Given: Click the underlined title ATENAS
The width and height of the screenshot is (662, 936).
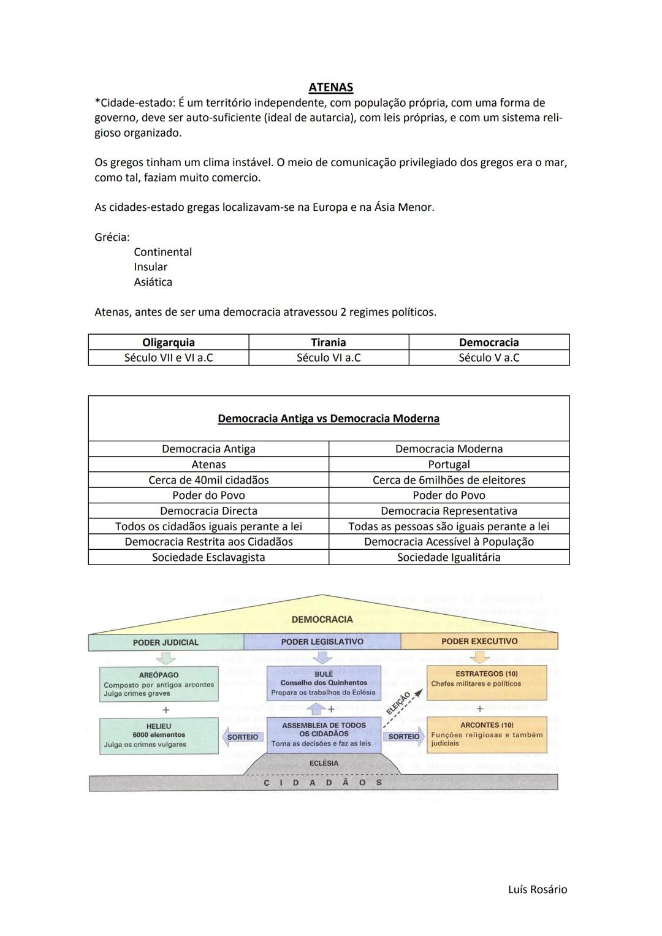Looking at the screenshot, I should pos(330,88).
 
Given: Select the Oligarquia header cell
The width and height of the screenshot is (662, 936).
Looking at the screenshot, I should pos(169,342).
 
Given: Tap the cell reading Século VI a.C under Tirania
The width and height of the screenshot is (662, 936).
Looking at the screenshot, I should pos(329,357).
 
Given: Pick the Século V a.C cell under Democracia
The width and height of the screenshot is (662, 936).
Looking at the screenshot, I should pos(489,357).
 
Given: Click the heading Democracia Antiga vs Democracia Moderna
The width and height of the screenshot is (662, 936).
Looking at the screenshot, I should pos(329,419).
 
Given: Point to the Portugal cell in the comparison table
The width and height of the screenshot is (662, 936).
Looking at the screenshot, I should pos(449,465).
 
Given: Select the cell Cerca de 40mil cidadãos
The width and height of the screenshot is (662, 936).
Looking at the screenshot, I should pos(208,480).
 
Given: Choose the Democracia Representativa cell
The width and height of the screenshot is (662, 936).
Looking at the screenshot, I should pos(449,511).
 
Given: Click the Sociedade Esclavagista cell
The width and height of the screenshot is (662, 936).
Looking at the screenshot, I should pos(208,557).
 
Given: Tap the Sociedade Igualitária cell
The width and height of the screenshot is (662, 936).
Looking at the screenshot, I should pos(449,557).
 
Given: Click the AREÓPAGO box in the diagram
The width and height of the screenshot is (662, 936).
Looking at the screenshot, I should pos(159,683).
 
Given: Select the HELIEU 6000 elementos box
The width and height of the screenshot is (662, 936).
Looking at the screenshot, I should pos(159,735).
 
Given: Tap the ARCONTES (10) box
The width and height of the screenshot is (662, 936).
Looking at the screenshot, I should pos(487,734).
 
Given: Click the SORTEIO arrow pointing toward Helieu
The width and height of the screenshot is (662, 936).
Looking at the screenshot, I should pos(242,737).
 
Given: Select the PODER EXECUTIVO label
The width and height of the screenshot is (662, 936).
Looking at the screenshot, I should pos(479,642).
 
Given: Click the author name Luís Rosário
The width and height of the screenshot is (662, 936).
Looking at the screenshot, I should pos(538,889).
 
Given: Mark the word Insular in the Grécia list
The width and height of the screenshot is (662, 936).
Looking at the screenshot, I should pos(151,267).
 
